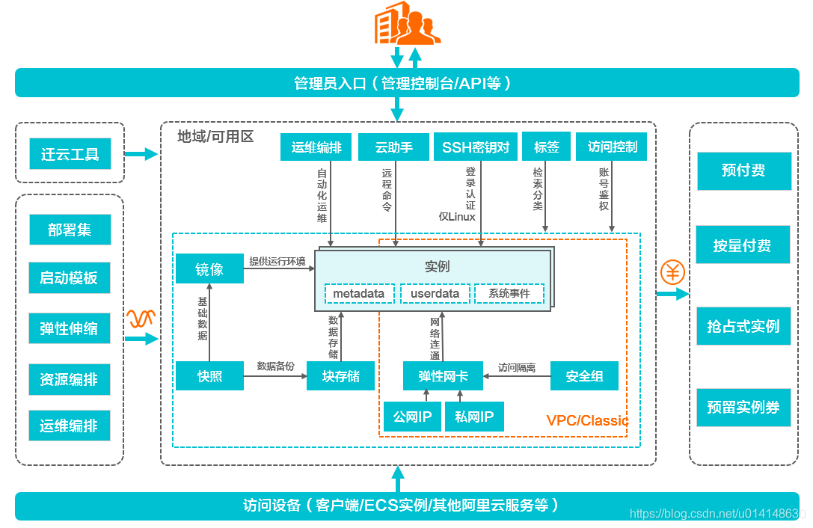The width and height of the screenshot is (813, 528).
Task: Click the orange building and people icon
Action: pyautogui.click(x=406, y=24)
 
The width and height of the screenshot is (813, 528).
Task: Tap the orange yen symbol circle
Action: pyautogui.click(x=672, y=272)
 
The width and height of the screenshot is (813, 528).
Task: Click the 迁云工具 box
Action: pyautogui.click(x=70, y=155)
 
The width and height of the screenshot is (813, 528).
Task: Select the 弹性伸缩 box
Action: pyautogui.click(x=70, y=329)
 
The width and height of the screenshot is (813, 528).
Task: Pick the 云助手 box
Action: pyautogui.click(x=394, y=147)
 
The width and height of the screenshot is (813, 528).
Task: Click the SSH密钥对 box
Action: pyautogui.click(x=476, y=147)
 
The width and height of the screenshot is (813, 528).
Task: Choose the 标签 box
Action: pyautogui.click(x=546, y=147)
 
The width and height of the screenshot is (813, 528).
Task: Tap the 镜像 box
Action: pyautogui.click(x=209, y=269)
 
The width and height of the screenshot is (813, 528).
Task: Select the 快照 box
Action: pyautogui.click(x=209, y=375)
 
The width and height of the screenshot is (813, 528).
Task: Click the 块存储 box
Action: pyautogui.click(x=340, y=375)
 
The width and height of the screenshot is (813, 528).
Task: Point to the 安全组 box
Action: pyautogui.click(x=584, y=375)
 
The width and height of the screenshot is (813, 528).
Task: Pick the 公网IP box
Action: pyautogui.click(x=412, y=417)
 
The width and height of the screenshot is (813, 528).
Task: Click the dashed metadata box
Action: pyautogui.click(x=359, y=294)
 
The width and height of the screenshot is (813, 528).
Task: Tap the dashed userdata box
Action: pyautogui.click(x=435, y=294)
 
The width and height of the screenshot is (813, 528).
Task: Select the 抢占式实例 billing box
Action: pyautogui.click(x=743, y=327)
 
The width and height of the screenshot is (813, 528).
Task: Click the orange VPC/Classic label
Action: pyautogui.click(x=587, y=420)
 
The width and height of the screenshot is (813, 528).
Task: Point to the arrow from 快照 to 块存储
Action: pyautogui.click(x=275, y=375)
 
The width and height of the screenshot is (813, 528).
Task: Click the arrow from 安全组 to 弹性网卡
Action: pyautogui.click(x=516, y=375)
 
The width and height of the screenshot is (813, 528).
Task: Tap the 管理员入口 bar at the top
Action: pyautogui.click(x=406, y=83)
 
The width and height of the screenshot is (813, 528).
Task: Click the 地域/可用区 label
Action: pyautogui.click(x=215, y=136)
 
